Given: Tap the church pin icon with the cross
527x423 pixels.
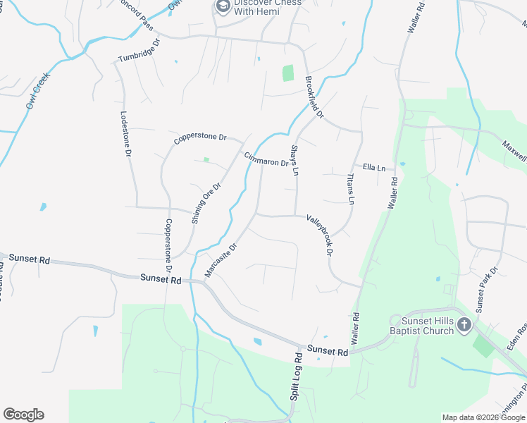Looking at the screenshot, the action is pyautogui.click(x=464, y=324).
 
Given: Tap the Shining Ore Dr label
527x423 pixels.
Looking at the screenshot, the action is pyautogui.click(x=206, y=204).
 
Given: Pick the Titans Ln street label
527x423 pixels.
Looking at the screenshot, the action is pyautogui.click(x=350, y=189).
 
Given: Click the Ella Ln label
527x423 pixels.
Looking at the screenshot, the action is pyautogui.click(x=374, y=168).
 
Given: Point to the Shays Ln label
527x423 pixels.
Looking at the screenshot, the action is pyautogui.click(x=294, y=161).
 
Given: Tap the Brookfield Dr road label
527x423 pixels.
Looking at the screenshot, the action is pyautogui.click(x=314, y=97).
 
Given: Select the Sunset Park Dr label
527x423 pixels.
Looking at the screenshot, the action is pyautogui.click(x=487, y=290).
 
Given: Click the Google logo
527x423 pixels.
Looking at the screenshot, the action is pyautogui.click(x=23, y=415).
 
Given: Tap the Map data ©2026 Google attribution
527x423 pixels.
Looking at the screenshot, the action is pyautogui.click(x=483, y=417).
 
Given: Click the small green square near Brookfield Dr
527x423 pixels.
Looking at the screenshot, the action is pyautogui.click(x=287, y=73).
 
